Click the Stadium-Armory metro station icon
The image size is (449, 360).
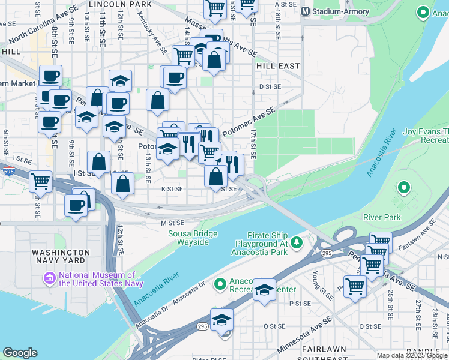306,11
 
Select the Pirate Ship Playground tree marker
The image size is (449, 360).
295,242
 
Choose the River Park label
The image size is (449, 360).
382,217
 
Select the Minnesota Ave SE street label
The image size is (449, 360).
304,337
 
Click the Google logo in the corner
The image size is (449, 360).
20,353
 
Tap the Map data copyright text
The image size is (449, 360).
412,355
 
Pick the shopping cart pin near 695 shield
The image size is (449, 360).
40,181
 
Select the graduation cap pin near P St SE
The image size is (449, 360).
264,290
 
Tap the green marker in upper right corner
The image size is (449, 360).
423,13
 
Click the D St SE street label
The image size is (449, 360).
270,86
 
